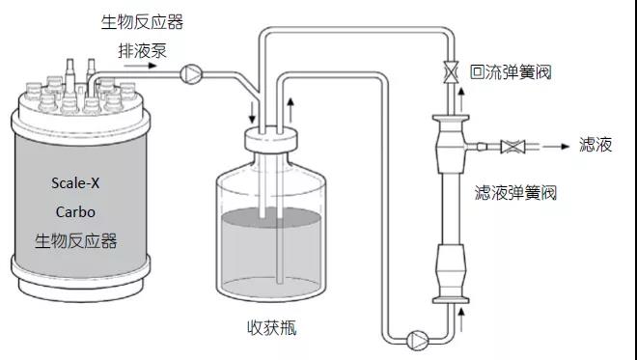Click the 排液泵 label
142,51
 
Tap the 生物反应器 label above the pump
142,22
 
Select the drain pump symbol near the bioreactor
190,74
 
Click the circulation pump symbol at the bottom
417,341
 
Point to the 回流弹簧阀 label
511,72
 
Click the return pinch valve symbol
451,72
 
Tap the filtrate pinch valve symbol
512,147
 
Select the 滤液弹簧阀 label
515,192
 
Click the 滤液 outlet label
595,145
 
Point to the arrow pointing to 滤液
557,147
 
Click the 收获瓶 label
272,327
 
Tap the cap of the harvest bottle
270,139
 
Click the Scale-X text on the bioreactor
75,182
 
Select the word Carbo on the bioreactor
75,211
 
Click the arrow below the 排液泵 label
140,66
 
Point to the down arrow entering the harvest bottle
252,113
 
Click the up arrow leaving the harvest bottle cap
291,109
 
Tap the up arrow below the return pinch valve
461,99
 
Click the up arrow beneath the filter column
461,318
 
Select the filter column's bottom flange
451,301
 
